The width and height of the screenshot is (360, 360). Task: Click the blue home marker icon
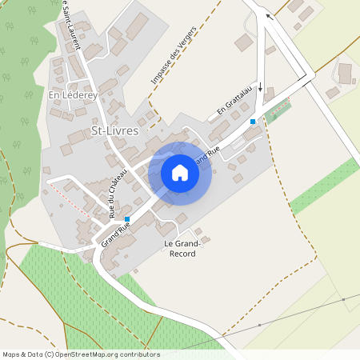[x=180, y=173]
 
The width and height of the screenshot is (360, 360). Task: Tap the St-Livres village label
[x=116, y=130]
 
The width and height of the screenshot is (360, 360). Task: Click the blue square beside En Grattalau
[x=253, y=121]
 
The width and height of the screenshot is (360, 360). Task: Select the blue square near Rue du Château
[x=127, y=218]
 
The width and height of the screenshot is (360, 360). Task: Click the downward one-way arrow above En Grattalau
[x=260, y=85]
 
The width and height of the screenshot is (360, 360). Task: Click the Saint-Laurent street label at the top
[x=70, y=24]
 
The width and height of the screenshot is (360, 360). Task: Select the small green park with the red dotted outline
[x=278, y=110]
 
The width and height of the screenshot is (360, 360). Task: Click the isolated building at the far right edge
[x=346, y=74]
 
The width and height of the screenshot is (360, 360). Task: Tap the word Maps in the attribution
[x=12, y=354]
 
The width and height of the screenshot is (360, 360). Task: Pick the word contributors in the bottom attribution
[x=137, y=354]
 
